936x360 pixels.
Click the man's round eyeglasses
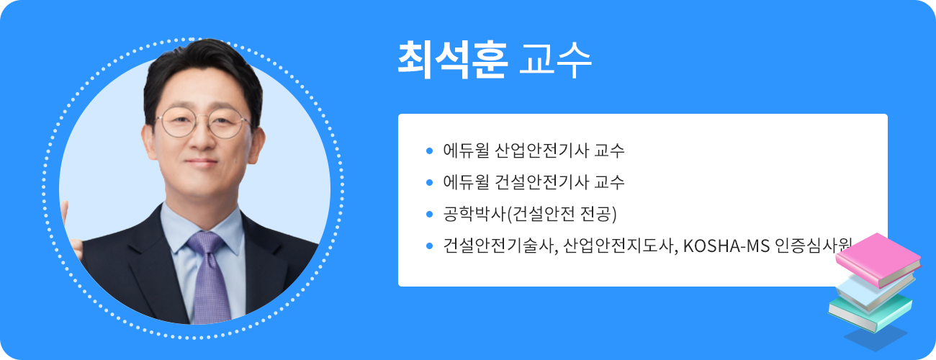pos(205,122)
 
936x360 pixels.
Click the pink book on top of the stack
pos(878,258)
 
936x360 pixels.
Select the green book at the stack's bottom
pos(870,311)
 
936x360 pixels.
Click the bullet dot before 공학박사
pos(429,214)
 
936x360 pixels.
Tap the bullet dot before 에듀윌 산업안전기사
pos(429,151)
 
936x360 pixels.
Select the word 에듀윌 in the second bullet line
pos(467,182)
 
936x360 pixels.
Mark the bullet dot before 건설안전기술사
pos(429,245)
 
